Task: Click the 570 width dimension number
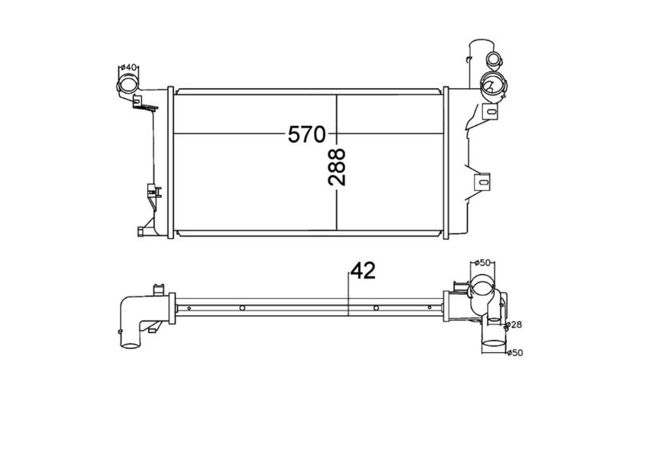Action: [307, 135]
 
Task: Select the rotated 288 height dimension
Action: [336, 167]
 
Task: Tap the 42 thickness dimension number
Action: [363, 271]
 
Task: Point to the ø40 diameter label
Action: [128, 67]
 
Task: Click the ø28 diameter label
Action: [514, 325]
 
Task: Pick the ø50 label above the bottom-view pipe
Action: [482, 262]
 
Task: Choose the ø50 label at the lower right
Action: [515, 353]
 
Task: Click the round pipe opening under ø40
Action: [128, 83]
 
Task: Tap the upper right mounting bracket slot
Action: [490, 111]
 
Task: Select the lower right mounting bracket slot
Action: [483, 181]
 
